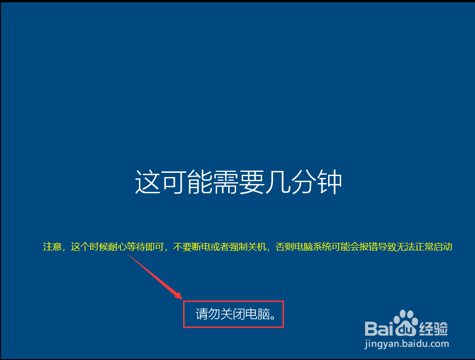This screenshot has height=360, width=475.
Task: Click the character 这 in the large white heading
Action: click(x=147, y=182)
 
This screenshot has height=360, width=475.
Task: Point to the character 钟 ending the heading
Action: click(x=329, y=182)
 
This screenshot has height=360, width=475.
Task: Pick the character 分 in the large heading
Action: click(x=303, y=182)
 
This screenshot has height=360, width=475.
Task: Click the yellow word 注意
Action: click(x=53, y=247)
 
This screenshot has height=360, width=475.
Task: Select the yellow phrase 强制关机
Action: click(x=248, y=247)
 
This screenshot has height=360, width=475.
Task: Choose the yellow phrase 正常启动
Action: click(x=434, y=247)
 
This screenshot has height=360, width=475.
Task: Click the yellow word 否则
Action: click(x=285, y=247)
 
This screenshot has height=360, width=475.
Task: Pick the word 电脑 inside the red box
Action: click(x=257, y=314)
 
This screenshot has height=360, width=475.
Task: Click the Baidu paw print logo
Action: click(x=405, y=323)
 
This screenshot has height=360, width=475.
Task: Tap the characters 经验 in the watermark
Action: click(x=434, y=328)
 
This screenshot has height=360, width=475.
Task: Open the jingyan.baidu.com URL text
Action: click(x=407, y=344)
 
